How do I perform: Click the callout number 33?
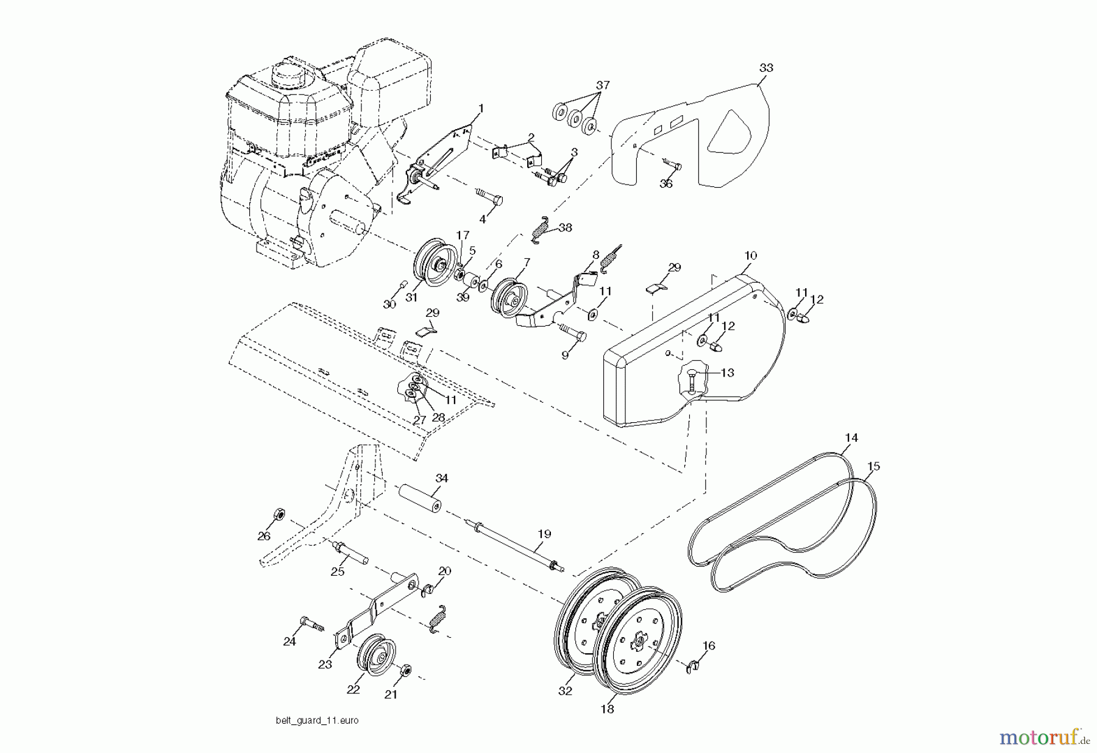[x=766, y=68]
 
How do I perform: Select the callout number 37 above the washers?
[x=602, y=86]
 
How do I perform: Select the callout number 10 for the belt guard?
[x=750, y=255]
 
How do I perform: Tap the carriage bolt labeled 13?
[x=694, y=384]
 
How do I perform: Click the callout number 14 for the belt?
[x=851, y=437]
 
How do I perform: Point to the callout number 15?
[x=873, y=467]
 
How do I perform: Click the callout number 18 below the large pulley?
[x=607, y=709]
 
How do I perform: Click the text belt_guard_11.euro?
[x=317, y=721]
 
